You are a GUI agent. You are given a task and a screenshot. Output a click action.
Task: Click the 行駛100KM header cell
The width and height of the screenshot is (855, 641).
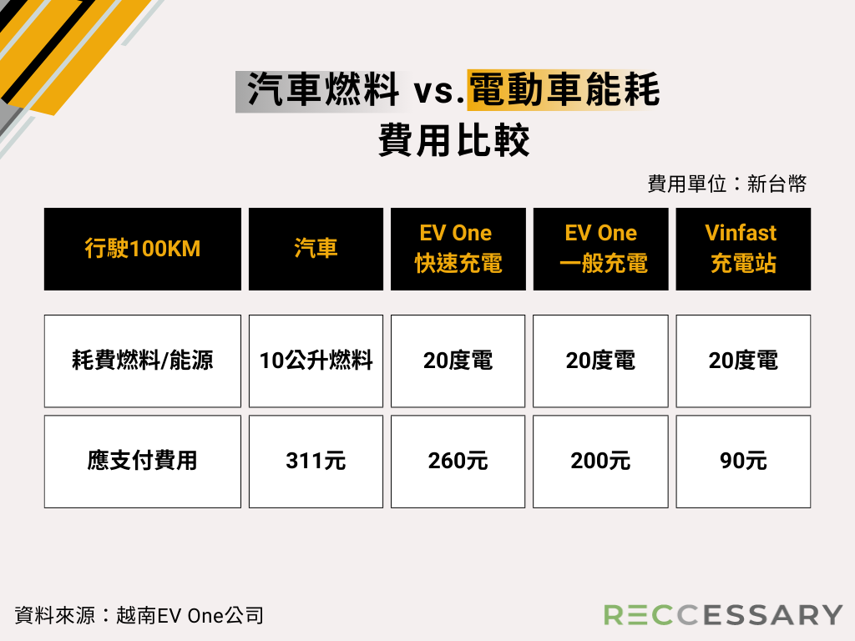pyautogui.click(x=142, y=249)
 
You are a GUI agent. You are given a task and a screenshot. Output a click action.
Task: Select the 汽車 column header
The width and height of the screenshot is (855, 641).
pyautogui.click(x=316, y=249)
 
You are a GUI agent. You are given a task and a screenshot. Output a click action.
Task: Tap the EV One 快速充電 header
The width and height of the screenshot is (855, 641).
pyautogui.click(x=458, y=249)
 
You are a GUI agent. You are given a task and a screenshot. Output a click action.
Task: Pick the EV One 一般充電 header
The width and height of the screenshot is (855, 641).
pyautogui.click(x=600, y=249)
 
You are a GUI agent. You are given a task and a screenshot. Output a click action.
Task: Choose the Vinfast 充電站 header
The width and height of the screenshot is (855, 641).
pyautogui.click(x=743, y=249)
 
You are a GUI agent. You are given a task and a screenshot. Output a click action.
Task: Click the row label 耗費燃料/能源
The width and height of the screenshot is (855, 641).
pyautogui.click(x=142, y=361)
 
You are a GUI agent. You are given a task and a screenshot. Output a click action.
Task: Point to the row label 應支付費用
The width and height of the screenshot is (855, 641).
pyautogui.click(x=142, y=461)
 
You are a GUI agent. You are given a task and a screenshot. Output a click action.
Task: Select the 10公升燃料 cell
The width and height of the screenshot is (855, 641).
pyautogui.click(x=316, y=361)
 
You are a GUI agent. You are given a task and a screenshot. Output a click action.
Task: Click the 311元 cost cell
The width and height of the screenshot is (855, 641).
pyautogui.click(x=316, y=461)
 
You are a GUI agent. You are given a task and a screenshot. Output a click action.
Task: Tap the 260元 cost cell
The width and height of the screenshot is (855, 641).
pyautogui.click(x=458, y=461)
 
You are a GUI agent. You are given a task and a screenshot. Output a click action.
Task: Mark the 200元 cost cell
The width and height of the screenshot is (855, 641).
pyautogui.click(x=600, y=461)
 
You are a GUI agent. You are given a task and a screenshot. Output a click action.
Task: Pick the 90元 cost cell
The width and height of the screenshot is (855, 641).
pyautogui.click(x=743, y=461)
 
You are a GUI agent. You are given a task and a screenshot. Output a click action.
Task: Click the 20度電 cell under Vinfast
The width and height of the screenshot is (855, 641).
pyautogui.click(x=743, y=361)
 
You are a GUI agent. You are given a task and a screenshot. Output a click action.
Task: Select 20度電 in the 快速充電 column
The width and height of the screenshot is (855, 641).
pyautogui.click(x=458, y=361)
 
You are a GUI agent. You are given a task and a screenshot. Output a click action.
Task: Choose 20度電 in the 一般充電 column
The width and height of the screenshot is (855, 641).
pyautogui.click(x=600, y=361)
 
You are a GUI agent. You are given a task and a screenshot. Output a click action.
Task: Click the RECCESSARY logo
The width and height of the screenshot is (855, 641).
pyautogui.click(x=723, y=615)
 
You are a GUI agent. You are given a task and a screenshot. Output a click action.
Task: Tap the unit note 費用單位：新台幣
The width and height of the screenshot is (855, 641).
pyautogui.click(x=727, y=184)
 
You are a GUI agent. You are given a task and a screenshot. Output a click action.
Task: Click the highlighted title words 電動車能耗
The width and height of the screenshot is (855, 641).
pyautogui.click(x=564, y=89)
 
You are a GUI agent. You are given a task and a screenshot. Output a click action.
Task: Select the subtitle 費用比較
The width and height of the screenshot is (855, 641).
pyautogui.click(x=453, y=140)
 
